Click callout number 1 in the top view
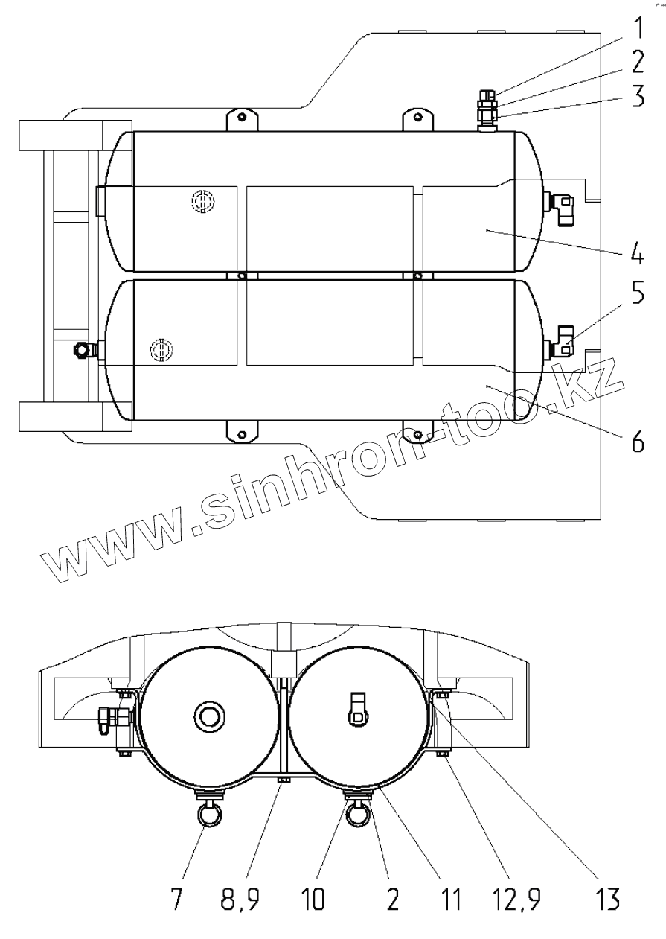[x=637, y=29]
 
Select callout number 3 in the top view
[x=637, y=96]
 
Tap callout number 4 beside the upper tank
[x=637, y=252]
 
